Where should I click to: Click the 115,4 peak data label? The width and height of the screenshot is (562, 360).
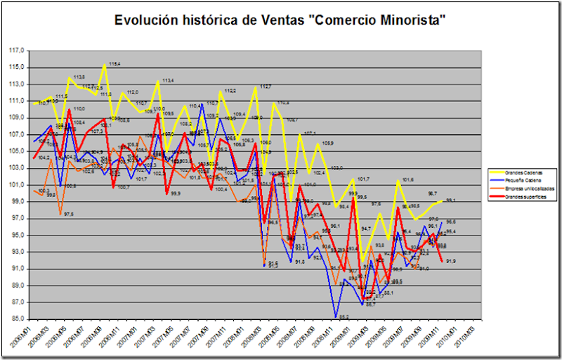[114, 64]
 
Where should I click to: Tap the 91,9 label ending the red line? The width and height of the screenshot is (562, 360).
[450, 262]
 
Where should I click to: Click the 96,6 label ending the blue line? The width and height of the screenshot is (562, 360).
[451, 221]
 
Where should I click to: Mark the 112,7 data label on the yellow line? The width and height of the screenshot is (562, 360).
[266, 86]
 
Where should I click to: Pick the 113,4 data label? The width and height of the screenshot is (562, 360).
[168, 81]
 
